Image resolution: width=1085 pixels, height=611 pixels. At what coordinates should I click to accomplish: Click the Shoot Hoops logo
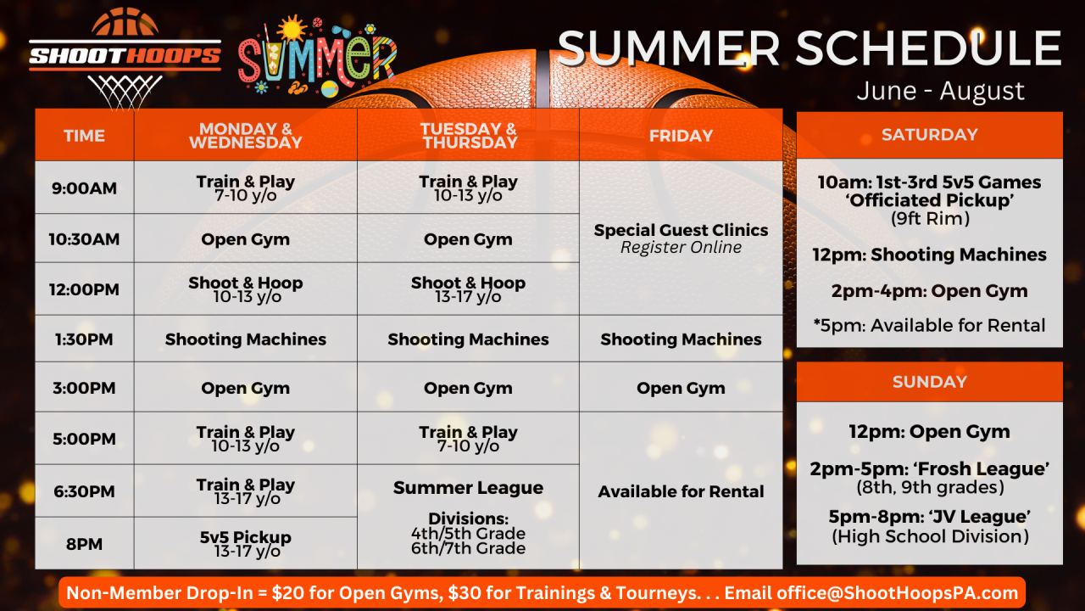pos(125,57)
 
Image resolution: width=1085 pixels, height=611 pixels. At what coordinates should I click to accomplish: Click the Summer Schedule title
pos(809,48)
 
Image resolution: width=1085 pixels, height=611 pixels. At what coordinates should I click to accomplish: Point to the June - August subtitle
pos(940,91)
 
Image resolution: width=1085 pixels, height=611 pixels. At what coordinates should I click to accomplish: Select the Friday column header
pos(681,135)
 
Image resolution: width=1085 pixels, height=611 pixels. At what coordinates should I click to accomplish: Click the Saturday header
pos(929,134)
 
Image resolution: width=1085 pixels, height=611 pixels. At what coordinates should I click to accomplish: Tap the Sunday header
pos(929,382)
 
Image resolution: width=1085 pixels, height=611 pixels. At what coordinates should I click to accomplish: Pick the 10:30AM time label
pos(84,239)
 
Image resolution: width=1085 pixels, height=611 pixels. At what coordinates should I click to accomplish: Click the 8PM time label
pos(84,544)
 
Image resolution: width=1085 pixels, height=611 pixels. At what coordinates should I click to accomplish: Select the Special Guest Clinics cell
pos(681,238)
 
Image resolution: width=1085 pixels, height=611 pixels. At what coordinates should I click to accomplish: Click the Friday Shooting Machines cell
pos(681,339)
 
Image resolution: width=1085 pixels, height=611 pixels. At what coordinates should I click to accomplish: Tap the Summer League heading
pos(468,488)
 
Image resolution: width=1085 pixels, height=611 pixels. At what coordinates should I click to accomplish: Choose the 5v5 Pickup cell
pos(246,544)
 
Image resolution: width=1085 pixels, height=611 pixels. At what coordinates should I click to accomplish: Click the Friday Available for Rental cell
pos(681,491)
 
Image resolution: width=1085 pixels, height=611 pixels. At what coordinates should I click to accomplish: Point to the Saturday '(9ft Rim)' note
pos(929,219)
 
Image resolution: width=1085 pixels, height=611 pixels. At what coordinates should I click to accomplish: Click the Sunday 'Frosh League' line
pos(929,469)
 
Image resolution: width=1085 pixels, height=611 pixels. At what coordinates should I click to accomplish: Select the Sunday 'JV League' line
pos(929,517)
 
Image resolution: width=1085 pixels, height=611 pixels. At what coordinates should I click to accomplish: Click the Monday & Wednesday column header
pos(246,135)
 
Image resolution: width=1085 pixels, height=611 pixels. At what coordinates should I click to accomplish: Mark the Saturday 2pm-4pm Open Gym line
pos(929,291)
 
